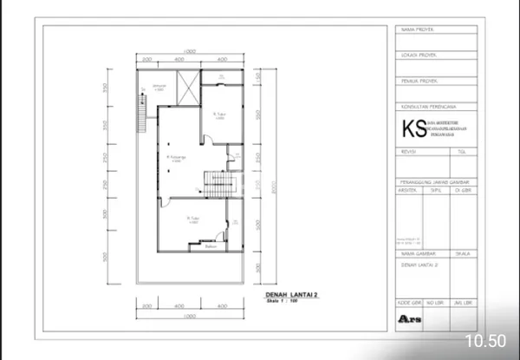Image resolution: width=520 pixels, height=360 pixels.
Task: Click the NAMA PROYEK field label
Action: [417, 30]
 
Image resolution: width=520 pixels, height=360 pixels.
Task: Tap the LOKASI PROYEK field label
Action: [419, 55]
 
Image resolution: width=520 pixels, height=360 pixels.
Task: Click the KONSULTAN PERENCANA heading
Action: [426, 107]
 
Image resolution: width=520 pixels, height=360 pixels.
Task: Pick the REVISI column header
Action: [408, 151]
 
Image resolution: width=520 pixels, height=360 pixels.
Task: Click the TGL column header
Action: [461, 151]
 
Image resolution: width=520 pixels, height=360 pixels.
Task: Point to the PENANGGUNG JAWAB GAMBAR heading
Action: [433, 180]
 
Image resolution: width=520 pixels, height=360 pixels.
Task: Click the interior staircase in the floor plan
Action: [215, 182]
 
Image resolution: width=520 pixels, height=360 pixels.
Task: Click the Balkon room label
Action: [209, 245]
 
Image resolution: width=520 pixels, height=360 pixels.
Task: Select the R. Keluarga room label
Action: [175, 158]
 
